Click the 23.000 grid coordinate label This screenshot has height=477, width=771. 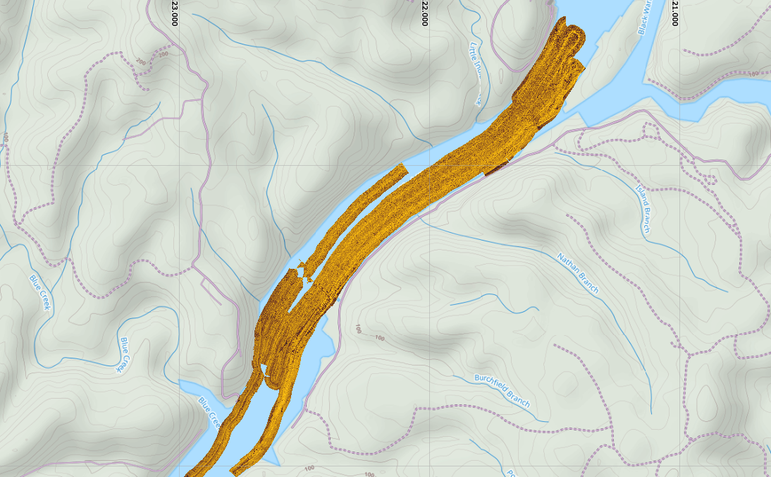click(173, 13)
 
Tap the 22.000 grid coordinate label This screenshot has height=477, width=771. click(424, 13)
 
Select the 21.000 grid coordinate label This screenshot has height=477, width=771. click(675, 13)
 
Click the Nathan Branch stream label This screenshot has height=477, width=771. click(578, 273)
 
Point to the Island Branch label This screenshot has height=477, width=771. click(643, 209)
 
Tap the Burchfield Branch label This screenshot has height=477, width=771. click(502, 390)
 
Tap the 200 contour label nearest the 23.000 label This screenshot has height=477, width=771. click(164, 54)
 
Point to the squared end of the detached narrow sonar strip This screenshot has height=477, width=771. click(402, 169)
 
